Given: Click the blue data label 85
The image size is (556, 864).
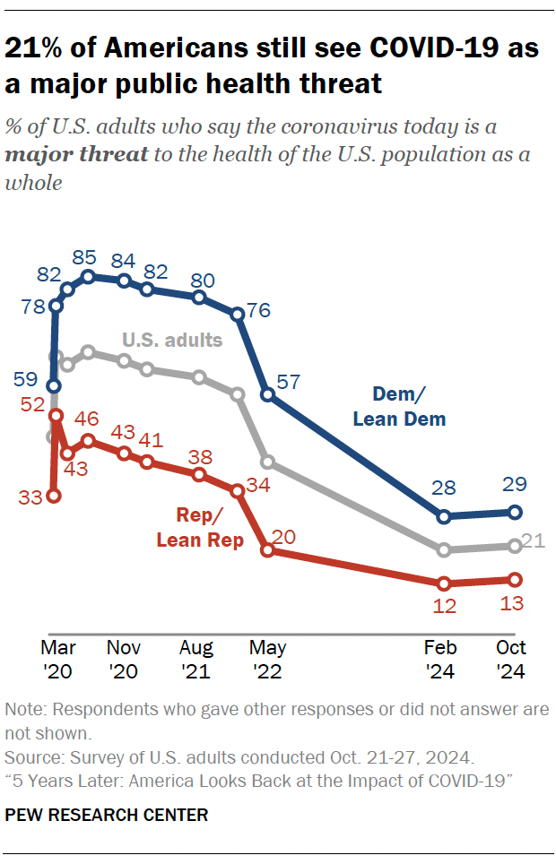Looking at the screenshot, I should coord(89,258).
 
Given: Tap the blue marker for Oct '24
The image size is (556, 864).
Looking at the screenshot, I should coord(515,513).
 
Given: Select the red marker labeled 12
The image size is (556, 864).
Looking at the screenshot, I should coord(443,583).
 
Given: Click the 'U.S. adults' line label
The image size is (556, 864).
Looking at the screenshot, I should coord(171,341).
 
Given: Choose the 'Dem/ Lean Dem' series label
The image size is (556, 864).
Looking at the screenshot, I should coord(399,405).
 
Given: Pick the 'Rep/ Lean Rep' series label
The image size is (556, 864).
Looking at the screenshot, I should coord(200,530).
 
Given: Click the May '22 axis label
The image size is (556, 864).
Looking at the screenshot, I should coord(268,659).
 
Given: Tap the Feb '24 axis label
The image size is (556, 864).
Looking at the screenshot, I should coord(443,659).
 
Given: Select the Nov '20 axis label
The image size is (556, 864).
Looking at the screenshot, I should coord(124,659).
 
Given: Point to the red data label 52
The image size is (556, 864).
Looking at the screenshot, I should coord(33,405).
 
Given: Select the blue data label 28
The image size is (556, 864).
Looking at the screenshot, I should coord(443,488).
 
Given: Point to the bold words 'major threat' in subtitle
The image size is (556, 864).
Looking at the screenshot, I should coord(75,154).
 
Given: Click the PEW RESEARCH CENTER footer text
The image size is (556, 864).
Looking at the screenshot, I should coord(107,815).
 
